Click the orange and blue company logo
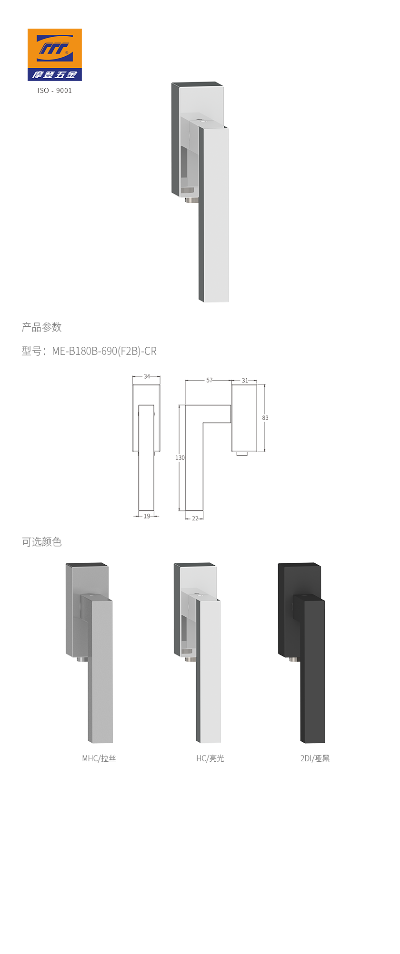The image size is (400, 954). point(54,54)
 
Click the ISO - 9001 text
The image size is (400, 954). point(54,91)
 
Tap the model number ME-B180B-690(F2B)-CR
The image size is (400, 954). point(104,351)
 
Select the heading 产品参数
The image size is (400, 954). point(42,327)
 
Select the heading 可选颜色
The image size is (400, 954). point(42,542)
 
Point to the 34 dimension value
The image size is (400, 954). point(147,376)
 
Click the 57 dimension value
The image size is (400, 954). point(210,380)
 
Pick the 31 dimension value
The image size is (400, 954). point(245,380)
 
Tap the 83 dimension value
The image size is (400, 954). point(265,418)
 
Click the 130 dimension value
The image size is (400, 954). point(180,457)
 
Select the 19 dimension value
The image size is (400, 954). point(147,516)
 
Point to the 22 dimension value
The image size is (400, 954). point(195,518)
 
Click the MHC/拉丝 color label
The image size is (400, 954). point(99,758)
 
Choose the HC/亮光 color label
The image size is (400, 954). point(210,758)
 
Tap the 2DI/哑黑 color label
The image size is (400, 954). point(315,758)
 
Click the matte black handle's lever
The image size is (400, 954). point(313,677)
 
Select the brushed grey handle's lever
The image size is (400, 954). point(100,677)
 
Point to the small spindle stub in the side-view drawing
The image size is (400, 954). point(242,454)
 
